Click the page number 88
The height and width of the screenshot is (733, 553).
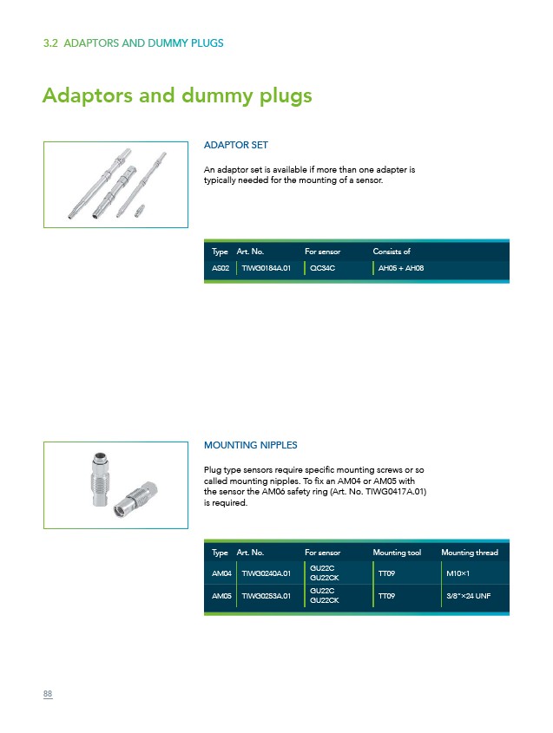click(48, 694)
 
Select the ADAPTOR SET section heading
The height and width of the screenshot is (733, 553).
click(236, 145)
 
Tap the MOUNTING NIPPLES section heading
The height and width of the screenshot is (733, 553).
click(250, 445)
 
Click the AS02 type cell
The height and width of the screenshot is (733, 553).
click(221, 268)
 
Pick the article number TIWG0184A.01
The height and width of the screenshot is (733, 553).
click(266, 268)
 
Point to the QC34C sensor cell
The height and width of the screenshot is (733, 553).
click(322, 268)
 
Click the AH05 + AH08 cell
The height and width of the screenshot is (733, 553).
click(401, 268)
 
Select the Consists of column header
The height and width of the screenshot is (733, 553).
click(392, 252)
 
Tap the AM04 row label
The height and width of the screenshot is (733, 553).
click(221, 573)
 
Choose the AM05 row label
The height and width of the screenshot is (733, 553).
click(221, 596)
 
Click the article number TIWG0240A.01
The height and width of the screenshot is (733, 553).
click(266, 573)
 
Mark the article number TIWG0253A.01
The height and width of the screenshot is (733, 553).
click(266, 596)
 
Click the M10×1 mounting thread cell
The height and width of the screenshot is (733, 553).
click(458, 573)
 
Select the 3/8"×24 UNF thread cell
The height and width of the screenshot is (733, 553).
click(468, 596)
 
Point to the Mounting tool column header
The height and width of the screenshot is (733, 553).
click(397, 553)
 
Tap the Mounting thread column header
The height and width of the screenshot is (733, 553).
click(470, 553)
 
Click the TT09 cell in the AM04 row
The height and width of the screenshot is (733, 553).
click(386, 573)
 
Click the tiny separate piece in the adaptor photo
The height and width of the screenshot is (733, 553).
click(139, 211)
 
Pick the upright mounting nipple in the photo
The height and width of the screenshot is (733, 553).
click(100, 479)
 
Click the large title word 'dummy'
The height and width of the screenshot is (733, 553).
click(217, 95)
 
